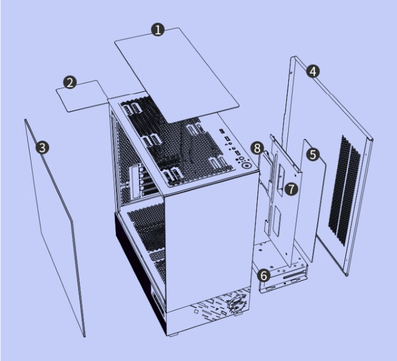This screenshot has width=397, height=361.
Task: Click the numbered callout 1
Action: (x=158, y=30)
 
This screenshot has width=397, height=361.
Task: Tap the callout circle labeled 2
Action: (x=70, y=82)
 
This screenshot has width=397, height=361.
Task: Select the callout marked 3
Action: (x=42, y=148)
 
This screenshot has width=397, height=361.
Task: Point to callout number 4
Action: (x=313, y=71)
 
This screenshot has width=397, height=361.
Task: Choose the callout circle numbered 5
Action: (x=313, y=154)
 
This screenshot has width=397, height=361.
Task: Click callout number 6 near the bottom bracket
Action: (x=264, y=275)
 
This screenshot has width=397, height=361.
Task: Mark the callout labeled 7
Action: (x=291, y=189)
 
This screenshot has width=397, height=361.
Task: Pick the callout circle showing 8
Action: (x=257, y=148)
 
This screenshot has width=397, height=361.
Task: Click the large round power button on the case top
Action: (x=247, y=165)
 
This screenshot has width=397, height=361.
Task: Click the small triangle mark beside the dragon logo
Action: (x=217, y=309)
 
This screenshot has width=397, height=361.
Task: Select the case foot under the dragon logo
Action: (x=238, y=314)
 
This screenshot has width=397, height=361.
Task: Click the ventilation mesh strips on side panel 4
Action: (x=344, y=191)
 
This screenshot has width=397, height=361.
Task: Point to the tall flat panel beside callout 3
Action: (x=54, y=227)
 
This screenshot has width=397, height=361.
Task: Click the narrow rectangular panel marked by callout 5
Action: (x=313, y=200)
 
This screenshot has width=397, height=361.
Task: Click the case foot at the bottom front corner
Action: (x=173, y=335)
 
